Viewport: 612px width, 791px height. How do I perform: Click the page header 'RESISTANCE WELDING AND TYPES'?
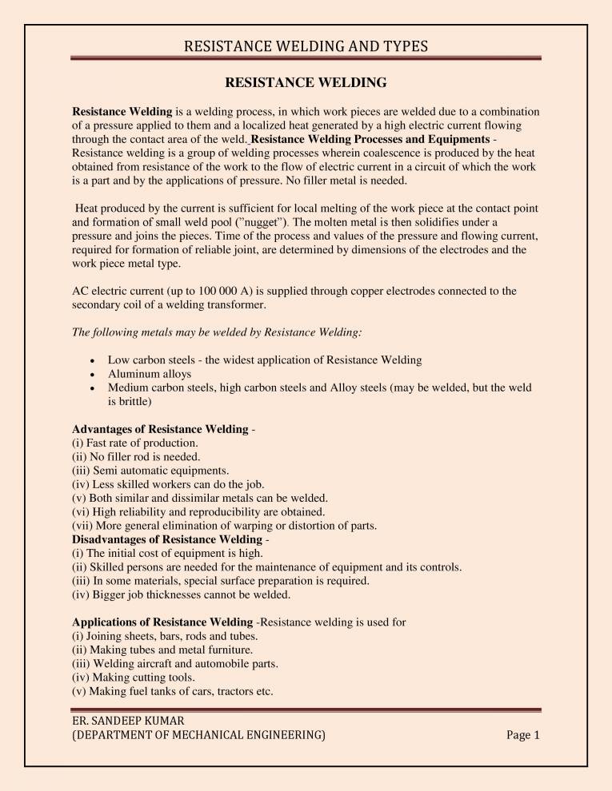pyautogui.click(x=306, y=46)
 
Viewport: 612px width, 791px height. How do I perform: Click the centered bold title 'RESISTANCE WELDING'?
pyautogui.click(x=306, y=82)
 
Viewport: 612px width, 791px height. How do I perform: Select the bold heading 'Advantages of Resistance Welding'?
pyautogui.click(x=160, y=430)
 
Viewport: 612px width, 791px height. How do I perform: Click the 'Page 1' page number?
pyautogui.click(x=524, y=735)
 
